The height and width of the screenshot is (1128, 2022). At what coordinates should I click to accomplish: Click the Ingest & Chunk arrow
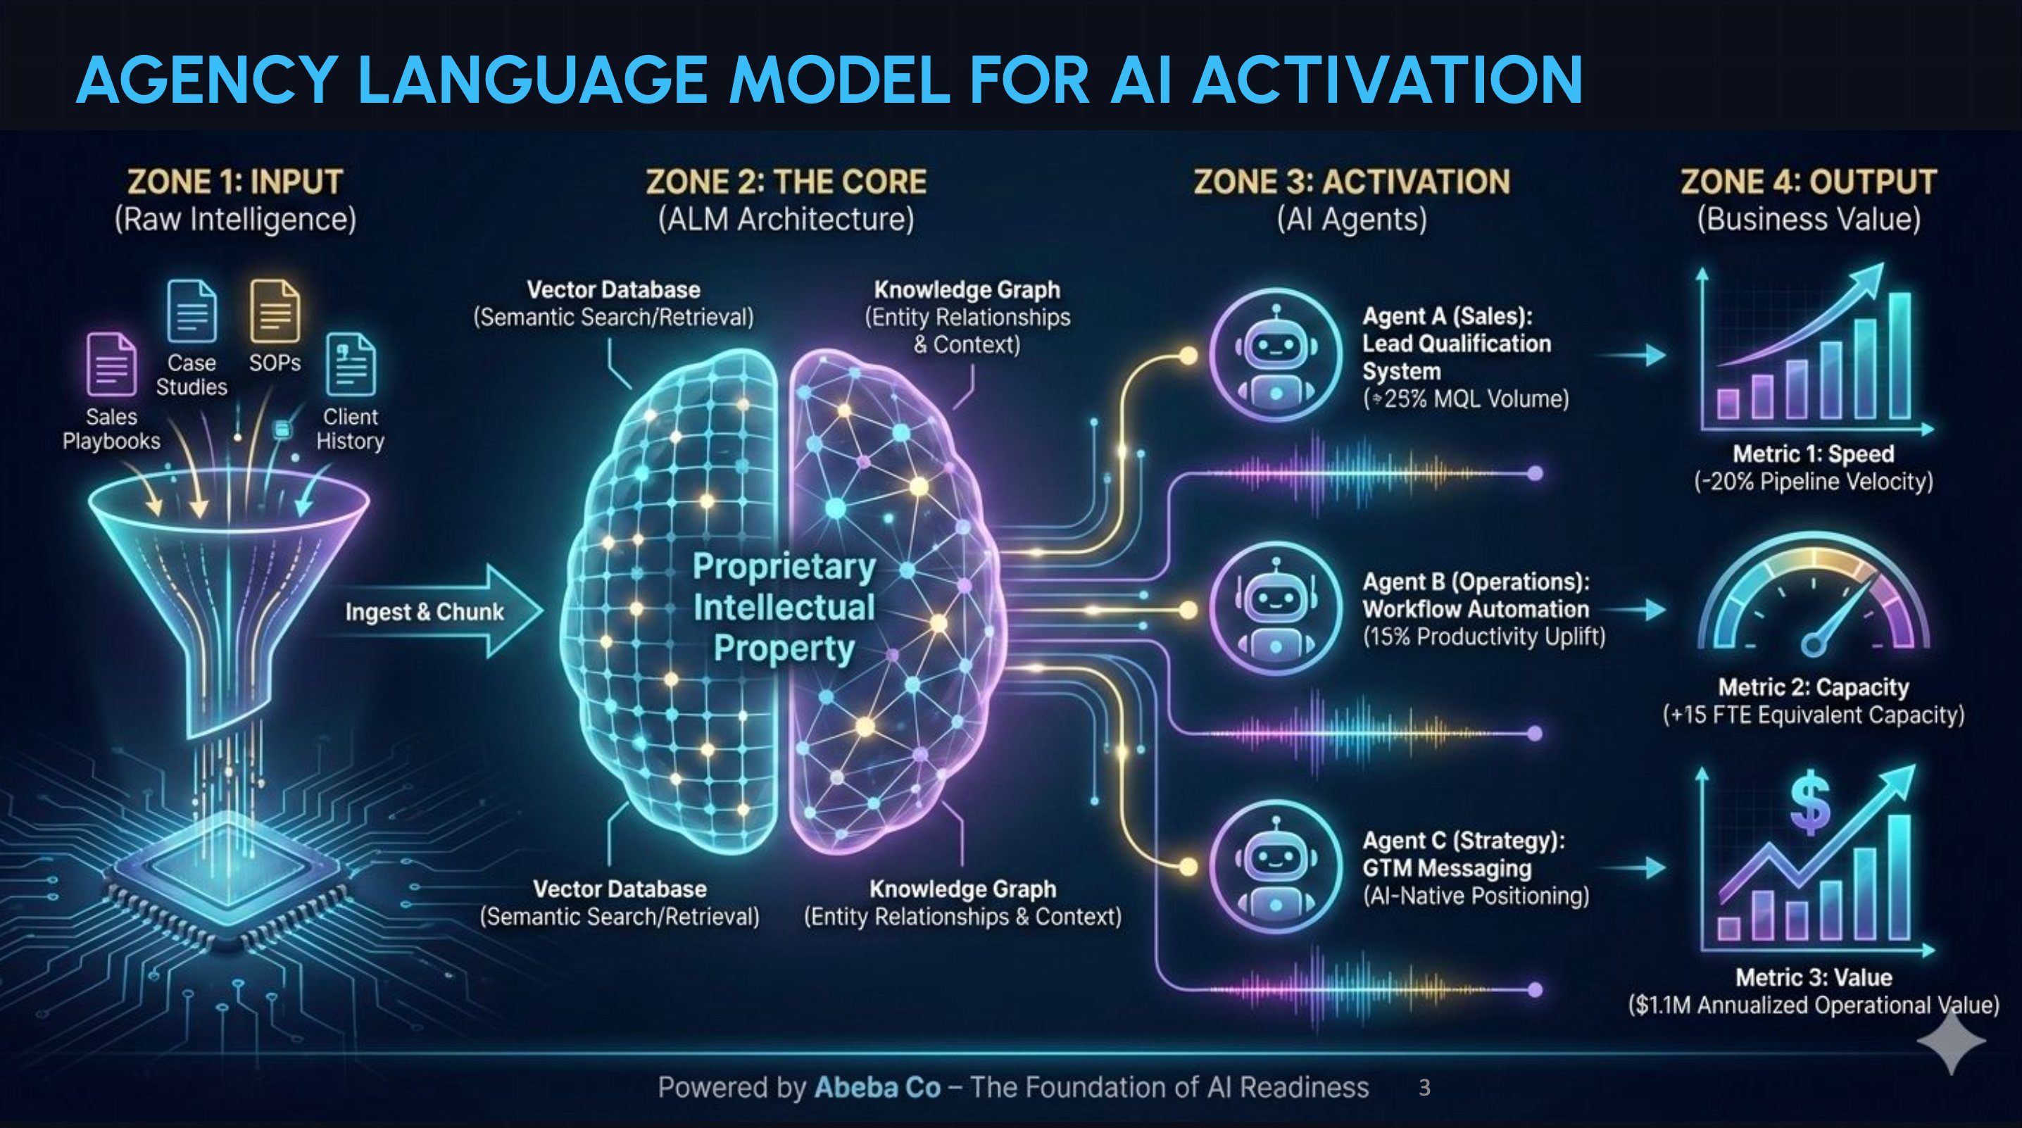coord(439,610)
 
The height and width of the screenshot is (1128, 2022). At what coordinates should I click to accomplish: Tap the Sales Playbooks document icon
coord(111,364)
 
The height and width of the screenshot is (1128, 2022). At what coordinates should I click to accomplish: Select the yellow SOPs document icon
coord(275,312)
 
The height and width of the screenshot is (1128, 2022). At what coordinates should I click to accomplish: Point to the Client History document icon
coord(351,364)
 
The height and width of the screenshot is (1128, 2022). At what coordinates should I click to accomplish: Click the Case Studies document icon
coord(192,312)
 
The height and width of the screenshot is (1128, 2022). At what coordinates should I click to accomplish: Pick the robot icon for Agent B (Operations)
coord(1276,610)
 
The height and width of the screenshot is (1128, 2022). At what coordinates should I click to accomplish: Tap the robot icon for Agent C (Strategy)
coord(1276,867)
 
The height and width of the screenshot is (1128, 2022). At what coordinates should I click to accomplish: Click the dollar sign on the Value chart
coord(1811,806)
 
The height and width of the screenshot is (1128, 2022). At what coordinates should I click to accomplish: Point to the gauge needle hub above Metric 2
coord(1812,645)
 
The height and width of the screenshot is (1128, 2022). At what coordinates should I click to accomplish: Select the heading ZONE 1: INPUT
coord(234,182)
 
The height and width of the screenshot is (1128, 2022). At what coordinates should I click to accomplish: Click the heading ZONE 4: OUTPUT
coord(1809,182)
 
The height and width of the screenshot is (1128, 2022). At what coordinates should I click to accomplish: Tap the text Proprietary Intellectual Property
coord(784,608)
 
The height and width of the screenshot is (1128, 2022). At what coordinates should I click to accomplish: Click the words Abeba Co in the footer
coord(877,1087)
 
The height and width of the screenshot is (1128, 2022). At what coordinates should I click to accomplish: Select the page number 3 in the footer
coord(1425,1088)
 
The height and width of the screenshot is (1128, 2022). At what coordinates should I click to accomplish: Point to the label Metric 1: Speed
coord(1813,453)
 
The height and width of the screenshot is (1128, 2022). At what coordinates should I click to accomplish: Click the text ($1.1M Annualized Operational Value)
coord(1813,1005)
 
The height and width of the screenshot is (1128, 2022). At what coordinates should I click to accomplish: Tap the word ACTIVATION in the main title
coord(1388,80)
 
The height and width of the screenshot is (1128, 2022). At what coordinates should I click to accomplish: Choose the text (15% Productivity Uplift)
coord(1483,637)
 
